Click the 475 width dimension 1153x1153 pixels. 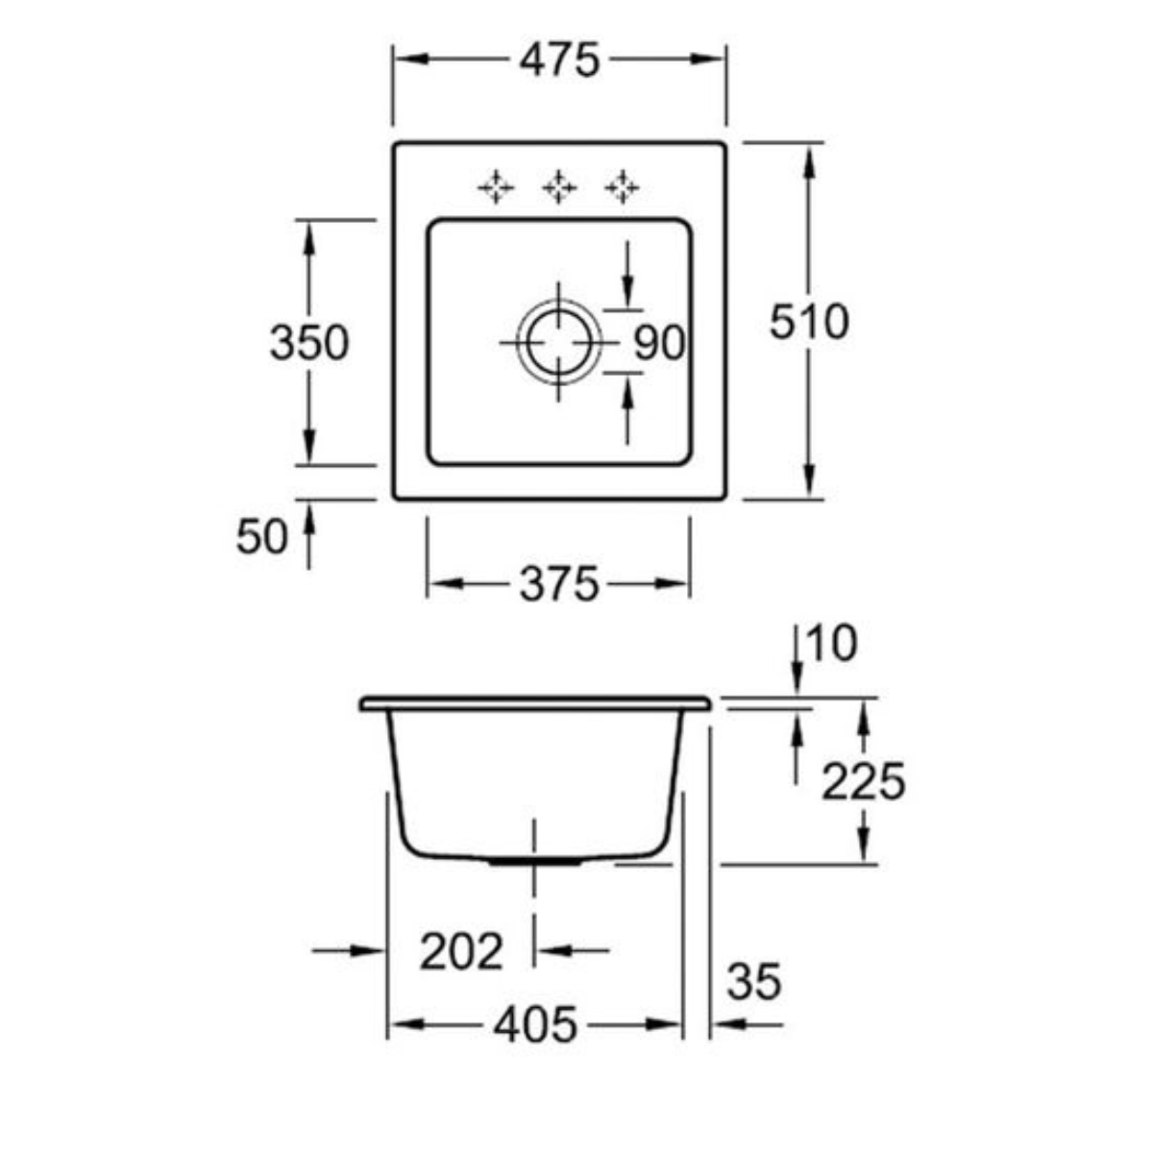(559, 60)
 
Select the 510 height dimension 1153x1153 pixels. (808, 322)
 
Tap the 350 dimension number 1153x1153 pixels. (308, 342)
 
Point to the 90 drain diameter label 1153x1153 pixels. (659, 343)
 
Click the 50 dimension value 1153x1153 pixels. (262, 536)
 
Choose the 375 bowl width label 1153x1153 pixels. (559, 584)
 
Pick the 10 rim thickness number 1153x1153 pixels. (832, 644)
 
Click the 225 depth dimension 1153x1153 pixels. (864, 781)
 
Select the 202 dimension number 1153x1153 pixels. (461, 951)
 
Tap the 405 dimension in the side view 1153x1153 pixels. (535, 1025)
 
